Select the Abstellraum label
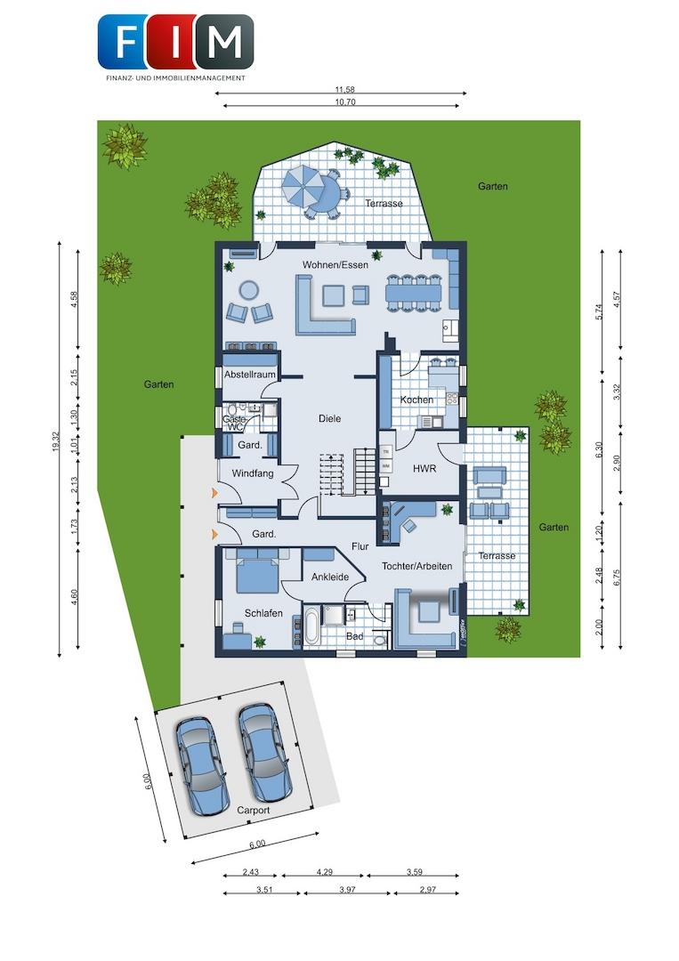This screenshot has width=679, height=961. [249, 375]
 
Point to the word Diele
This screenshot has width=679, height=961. [329, 418]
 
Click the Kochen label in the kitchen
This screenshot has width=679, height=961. [416, 400]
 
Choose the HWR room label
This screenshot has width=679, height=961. [424, 468]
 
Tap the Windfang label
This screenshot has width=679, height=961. [251, 473]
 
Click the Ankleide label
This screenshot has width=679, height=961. [329, 577]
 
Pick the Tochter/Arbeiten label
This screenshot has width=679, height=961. [416, 566]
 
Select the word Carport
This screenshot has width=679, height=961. [253, 811]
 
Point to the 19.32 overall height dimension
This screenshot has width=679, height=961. [56, 447]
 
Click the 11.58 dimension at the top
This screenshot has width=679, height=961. [344, 90]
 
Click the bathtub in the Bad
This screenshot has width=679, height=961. [311, 627]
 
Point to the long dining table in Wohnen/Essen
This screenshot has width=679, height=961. [413, 291]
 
